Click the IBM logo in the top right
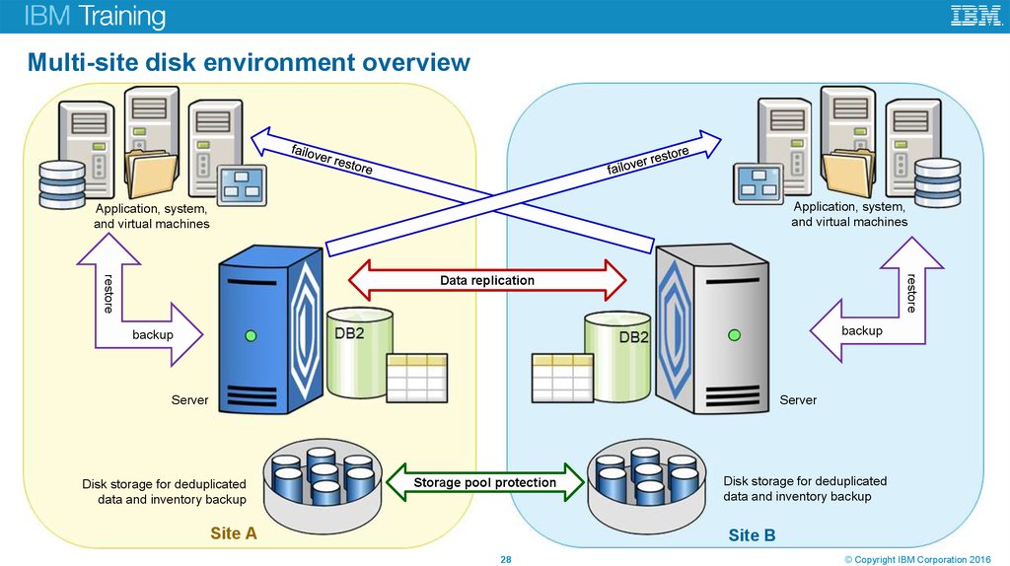975,16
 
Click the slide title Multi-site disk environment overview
249,64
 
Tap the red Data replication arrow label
487,281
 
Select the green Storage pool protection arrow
484,482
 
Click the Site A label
234,533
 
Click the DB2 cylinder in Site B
618,355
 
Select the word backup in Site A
153,335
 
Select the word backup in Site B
861,331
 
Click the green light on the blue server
251,337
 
